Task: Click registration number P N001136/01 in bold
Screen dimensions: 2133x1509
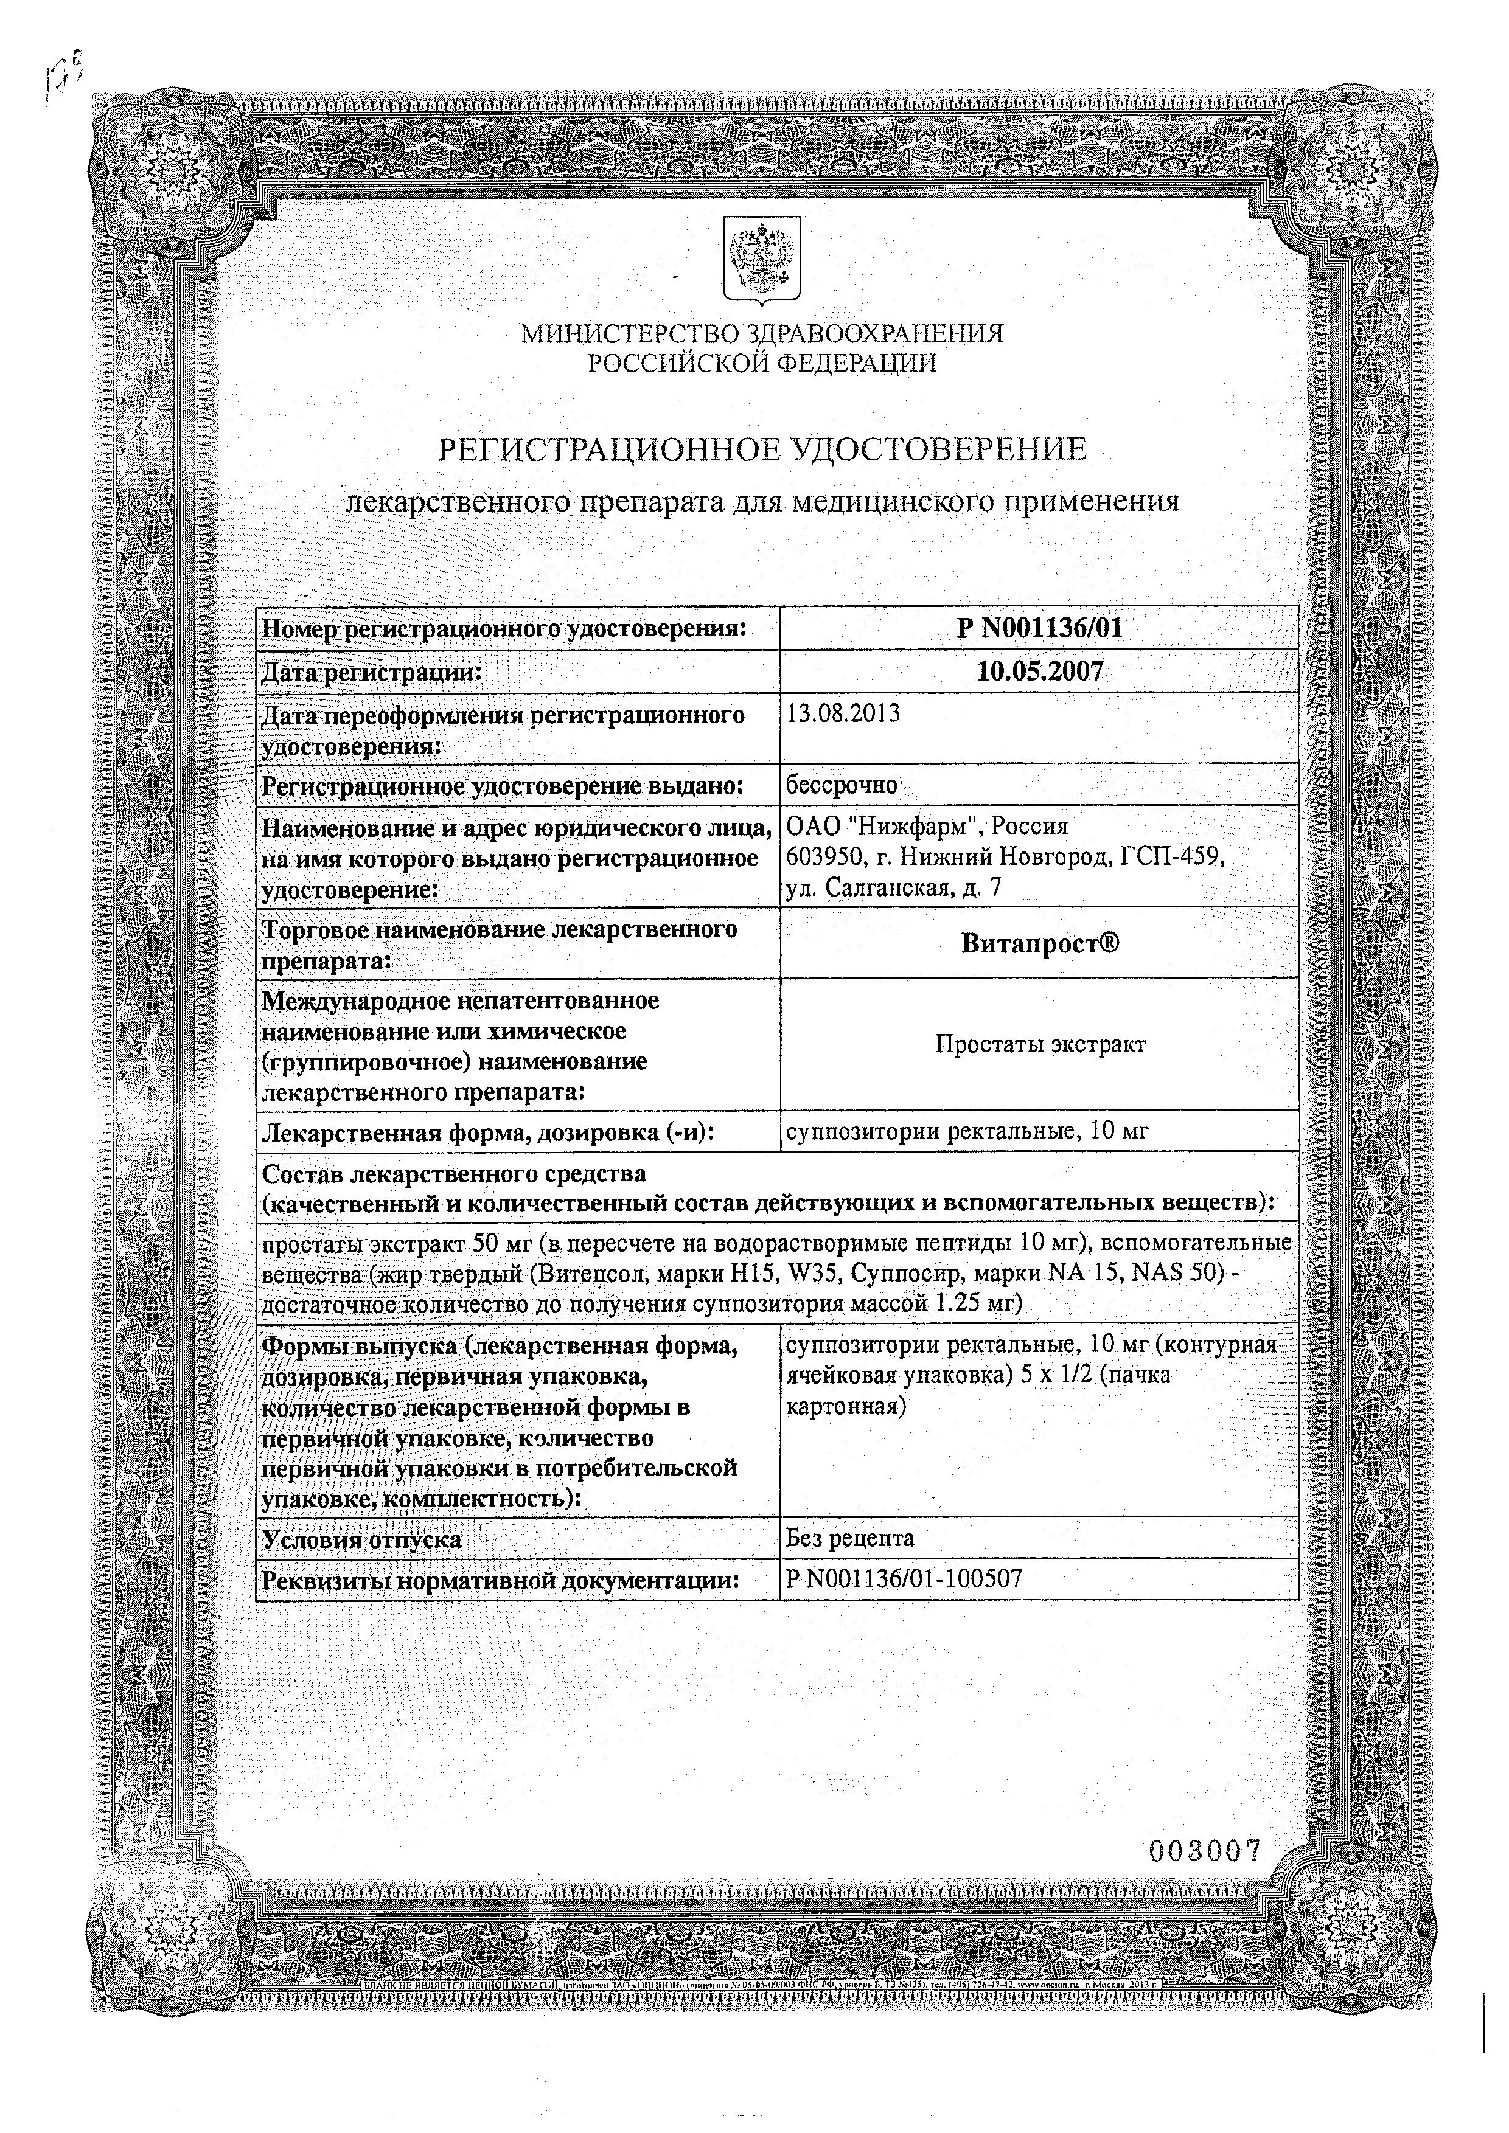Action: click(1039, 629)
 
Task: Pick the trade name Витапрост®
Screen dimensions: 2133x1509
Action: click(1039, 944)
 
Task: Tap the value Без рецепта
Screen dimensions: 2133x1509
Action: click(850, 1538)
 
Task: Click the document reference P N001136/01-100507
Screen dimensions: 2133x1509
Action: click(903, 1580)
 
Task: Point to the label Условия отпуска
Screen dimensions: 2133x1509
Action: click(363, 1539)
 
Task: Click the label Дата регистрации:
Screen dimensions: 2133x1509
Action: click(372, 671)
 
